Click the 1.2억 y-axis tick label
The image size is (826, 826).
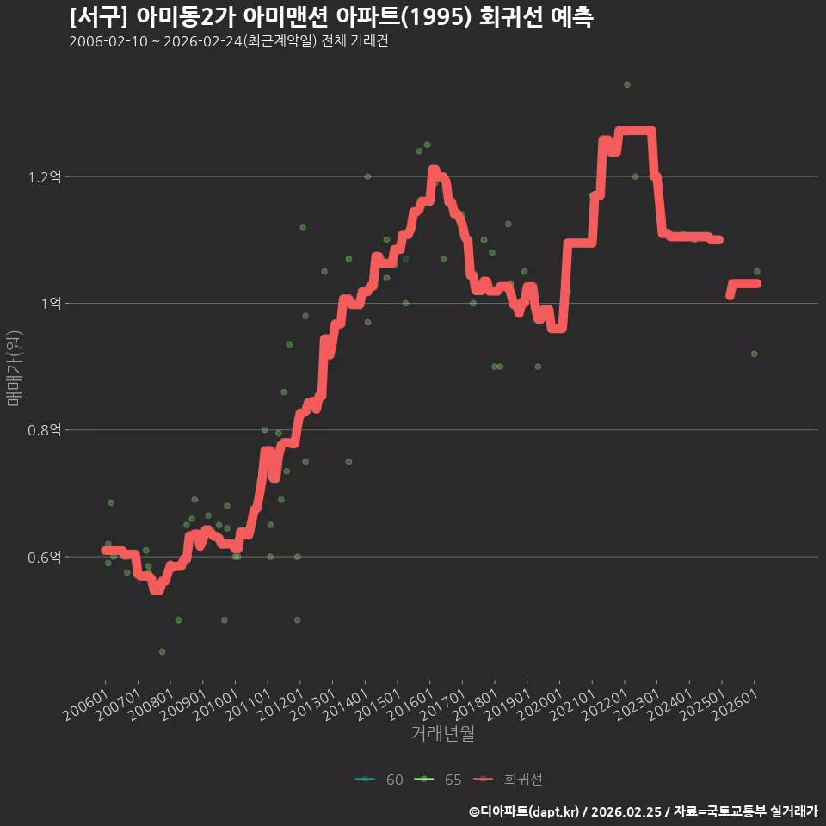45,177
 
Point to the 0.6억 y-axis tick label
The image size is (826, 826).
45,557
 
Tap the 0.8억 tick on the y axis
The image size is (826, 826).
45,430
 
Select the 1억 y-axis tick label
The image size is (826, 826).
52,304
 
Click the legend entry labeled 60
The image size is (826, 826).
379,780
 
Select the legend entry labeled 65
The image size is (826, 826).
438,780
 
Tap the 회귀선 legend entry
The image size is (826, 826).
508,780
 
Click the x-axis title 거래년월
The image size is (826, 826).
442,733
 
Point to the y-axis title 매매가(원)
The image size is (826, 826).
15,368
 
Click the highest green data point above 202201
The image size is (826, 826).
627,85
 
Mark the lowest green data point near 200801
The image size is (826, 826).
163,652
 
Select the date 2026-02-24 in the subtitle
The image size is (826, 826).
203,41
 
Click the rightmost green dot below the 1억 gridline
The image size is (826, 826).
755,354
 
